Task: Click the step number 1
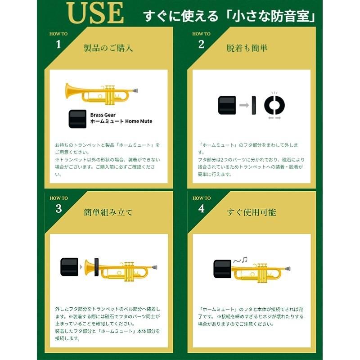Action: pos(58,44)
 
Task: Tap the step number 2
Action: pos(201,44)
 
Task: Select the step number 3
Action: pos(58,208)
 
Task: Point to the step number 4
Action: pos(201,208)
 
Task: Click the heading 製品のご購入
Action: pos(108,48)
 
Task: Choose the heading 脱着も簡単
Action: pos(247,48)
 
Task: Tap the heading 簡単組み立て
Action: pos(108,212)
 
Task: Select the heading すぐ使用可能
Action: pos(252,212)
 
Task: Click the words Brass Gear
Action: pos(103,115)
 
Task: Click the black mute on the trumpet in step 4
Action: pos(222,271)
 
